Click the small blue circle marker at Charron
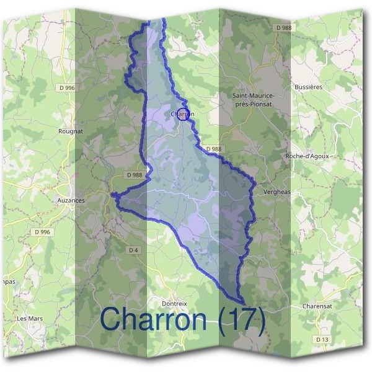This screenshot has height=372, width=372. coord(182,113)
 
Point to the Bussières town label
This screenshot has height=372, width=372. coord(309,87)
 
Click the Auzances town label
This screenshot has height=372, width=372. coord(70,201)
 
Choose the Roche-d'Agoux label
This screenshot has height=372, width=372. coord(307,156)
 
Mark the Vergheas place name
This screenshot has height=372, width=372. coord(277,192)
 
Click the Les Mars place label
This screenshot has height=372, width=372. coord(29,319)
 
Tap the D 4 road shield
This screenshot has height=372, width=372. coord(133,250)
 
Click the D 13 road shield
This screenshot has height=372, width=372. coord(322,340)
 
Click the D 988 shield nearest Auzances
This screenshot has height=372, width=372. coord(135,175)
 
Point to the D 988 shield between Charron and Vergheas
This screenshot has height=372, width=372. coord(213,149)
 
